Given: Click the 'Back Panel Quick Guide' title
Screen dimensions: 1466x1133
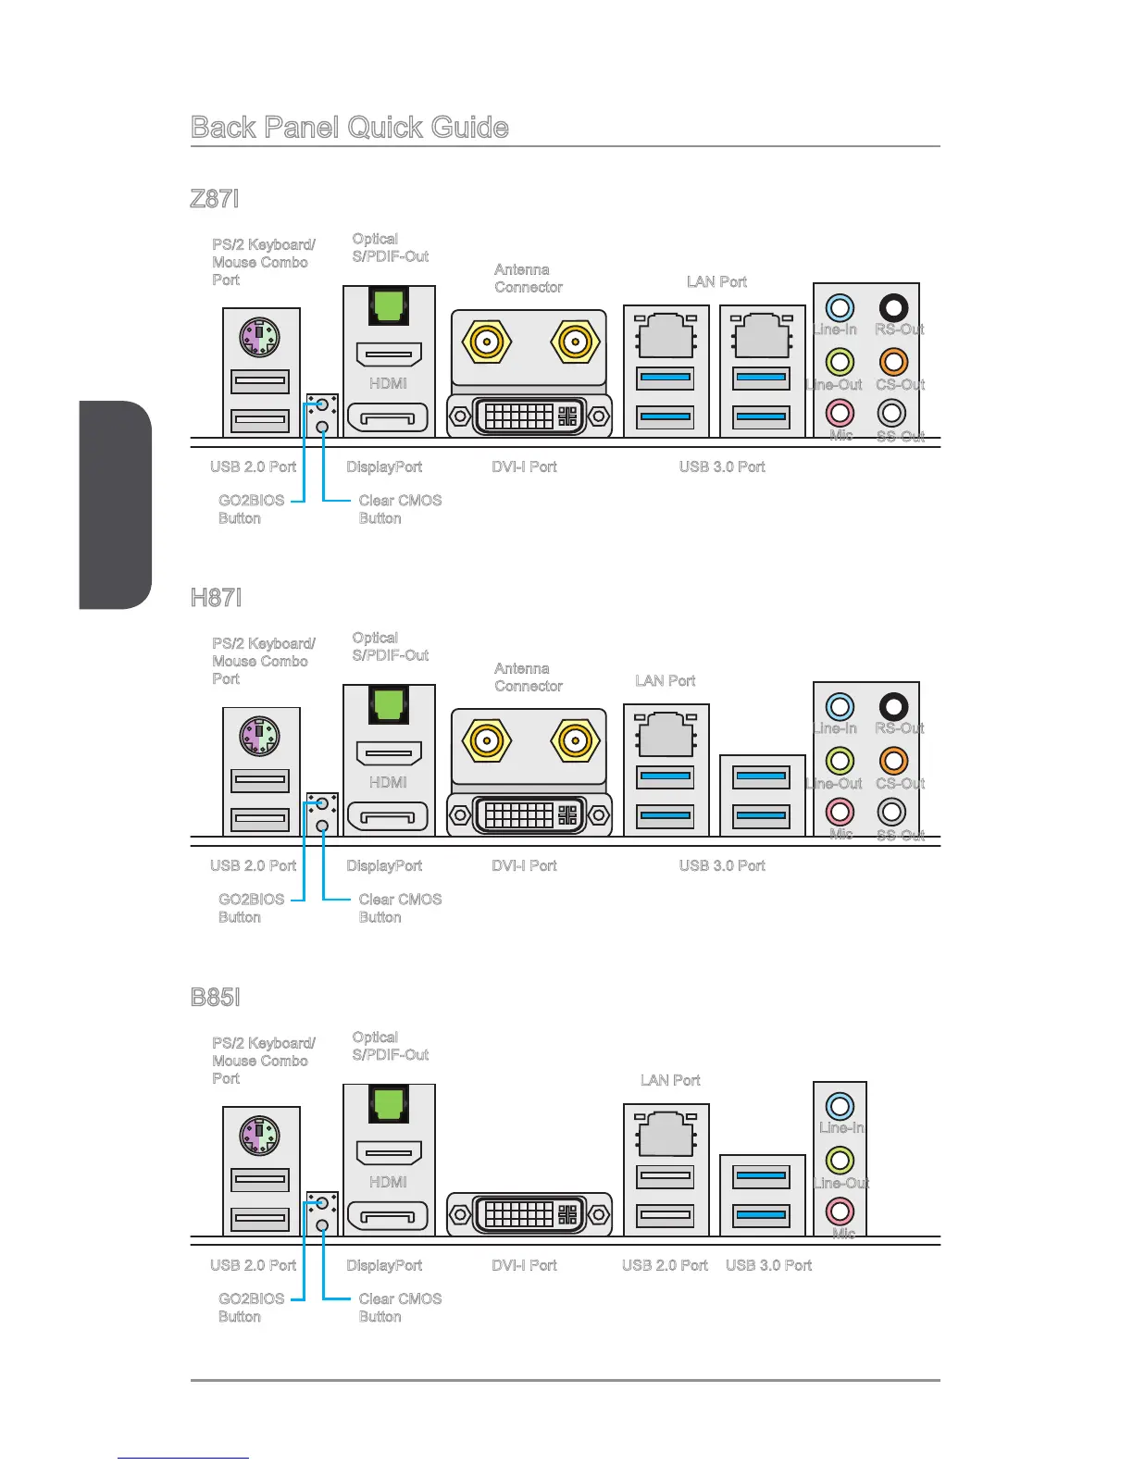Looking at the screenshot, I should pos(349,127).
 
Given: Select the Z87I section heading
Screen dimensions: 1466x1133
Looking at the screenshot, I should pos(215,198).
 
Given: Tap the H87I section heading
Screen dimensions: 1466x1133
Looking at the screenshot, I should pos(216,597).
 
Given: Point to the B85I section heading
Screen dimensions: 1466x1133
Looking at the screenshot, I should pos(215,997).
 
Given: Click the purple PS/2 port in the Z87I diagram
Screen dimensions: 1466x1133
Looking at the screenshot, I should pos(259,337).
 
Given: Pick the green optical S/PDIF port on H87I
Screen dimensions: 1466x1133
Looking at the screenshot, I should pos(389,704).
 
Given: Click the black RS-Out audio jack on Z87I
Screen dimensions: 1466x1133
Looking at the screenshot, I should pos(893,307).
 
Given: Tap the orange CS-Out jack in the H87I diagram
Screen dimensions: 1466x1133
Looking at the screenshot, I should pos(893,761).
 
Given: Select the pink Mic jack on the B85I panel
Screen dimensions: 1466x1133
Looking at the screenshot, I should pos(840,1210).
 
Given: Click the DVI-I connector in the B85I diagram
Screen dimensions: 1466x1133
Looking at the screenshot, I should pos(529,1214).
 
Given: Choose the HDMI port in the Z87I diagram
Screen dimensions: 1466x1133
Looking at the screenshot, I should pos(389,354).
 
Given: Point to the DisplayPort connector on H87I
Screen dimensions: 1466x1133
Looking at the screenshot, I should pos(388,816).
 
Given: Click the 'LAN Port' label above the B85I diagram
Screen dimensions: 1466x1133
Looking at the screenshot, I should pos(670,1080).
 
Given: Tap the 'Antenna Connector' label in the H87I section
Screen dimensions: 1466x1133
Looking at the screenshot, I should pos(528,677).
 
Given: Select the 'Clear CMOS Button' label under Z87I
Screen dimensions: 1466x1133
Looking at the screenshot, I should pos(400,509).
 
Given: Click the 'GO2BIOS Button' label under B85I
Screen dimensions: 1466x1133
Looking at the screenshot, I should pos(251,1307).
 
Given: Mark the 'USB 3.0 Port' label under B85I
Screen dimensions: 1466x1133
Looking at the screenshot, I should pos(768,1265).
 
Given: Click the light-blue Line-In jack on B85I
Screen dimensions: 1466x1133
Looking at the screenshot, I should pos(840,1105).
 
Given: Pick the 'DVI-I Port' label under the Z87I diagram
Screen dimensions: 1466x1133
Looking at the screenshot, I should pos(524,466).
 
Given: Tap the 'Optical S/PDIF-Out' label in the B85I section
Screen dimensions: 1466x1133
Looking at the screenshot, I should pos(390,1046).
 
